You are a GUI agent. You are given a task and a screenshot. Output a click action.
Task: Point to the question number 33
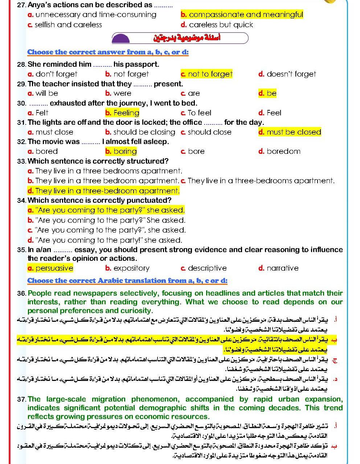(x=21, y=161)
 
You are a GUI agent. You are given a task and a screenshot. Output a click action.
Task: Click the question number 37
(x=21, y=399)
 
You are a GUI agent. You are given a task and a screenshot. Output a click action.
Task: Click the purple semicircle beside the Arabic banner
(x=121, y=38)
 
